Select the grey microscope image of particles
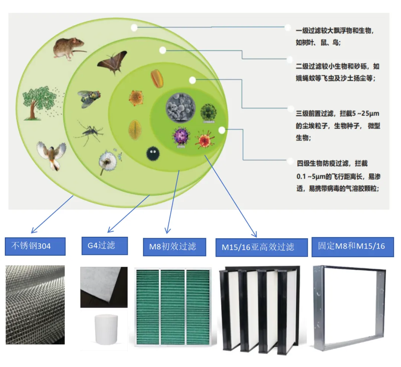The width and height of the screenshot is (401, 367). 180,108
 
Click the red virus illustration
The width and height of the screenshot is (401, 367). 205,139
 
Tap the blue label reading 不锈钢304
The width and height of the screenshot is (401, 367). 35,246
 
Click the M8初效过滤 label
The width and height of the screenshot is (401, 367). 175,247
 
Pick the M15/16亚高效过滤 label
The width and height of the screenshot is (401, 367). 261,248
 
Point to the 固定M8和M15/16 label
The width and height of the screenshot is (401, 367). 352,246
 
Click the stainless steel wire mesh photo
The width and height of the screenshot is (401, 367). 35,304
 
